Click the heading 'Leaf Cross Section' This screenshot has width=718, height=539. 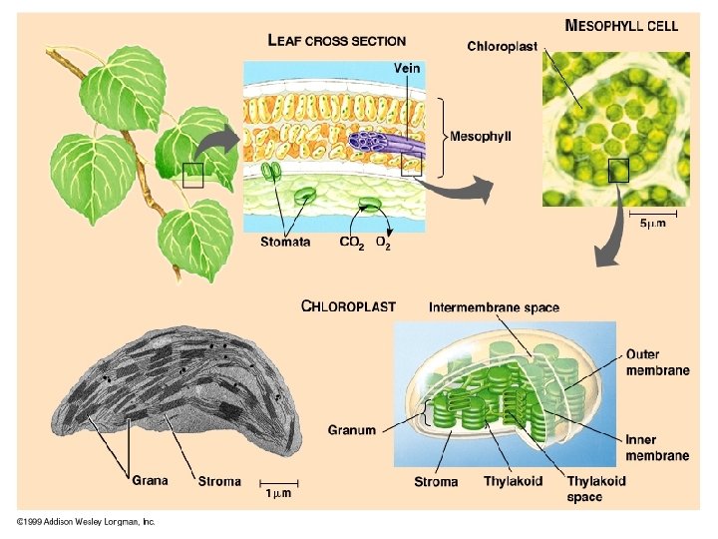click(337, 41)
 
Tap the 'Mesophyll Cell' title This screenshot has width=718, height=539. click(621, 26)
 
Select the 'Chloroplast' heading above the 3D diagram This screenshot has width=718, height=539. click(348, 306)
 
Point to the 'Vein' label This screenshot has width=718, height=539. click(407, 68)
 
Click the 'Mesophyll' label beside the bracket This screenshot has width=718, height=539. click(481, 136)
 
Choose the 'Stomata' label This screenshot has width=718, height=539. click(285, 242)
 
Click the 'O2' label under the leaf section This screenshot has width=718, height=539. click(383, 243)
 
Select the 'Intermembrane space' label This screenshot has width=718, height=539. click(494, 307)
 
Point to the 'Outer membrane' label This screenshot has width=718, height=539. click(657, 362)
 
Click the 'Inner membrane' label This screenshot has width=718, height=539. click(657, 447)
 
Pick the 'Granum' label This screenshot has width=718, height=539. click(352, 431)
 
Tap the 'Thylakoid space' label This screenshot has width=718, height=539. click(597, 488)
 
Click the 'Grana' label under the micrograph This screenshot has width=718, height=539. click(151, 480)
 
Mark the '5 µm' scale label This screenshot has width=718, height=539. click(652, 224)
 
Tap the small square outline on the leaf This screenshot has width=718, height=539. click(193, 176)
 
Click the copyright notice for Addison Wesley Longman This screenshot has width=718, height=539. click(87, 521)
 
